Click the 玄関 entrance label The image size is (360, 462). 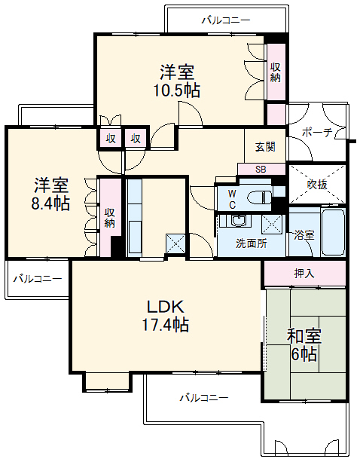pyautogui.click(x=264, y=147)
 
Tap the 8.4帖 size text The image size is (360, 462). pyautogui.click(x=51, y=203)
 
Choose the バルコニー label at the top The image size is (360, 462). pyautogui.click(x=226, y=20)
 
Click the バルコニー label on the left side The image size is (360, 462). pyautogui.click(x=37, y=279)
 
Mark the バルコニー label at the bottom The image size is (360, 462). pyautogui.click(x=203, y=397)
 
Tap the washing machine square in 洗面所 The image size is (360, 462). pyautogui.click(x=273, y=224)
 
